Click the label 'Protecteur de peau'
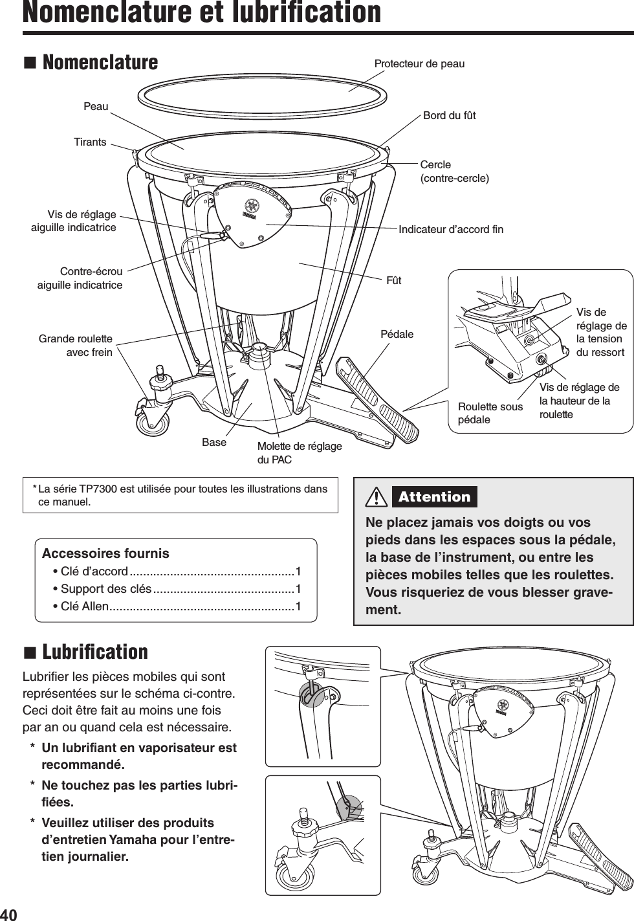419,63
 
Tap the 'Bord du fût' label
449,115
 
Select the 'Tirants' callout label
90,142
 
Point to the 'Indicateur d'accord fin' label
450,229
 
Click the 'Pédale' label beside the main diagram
397,334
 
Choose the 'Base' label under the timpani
214,442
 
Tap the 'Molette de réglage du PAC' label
299,452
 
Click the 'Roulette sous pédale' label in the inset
490,413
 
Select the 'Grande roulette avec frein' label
76,346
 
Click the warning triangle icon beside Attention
376,497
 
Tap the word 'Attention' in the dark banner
434,497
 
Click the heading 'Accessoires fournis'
105,553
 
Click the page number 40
8,914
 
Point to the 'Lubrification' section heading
94,652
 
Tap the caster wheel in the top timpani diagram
153,422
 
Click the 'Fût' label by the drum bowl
393,280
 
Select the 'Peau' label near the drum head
96,106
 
